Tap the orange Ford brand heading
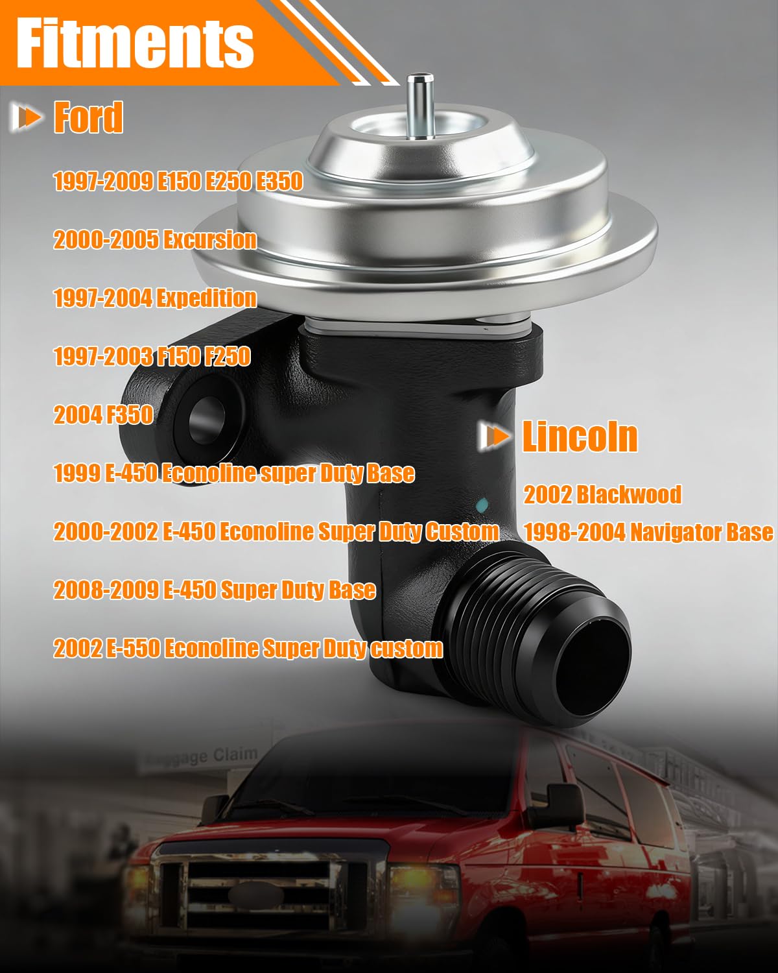(x=88, y=117)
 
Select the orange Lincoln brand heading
(x=580, y=437)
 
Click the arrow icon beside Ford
(x=27, y=117)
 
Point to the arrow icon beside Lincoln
(x=495, y=437)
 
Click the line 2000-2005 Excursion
(x=155, y=239)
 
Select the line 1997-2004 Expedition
(x=155, y=298)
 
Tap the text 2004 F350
(x=104, y=414)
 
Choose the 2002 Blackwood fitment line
(x=602, y=494)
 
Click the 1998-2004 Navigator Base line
(x=649, y=532)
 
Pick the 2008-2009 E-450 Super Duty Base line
(x=215, y=590)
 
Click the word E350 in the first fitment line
(x=279, y=182)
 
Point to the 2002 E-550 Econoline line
(x=248, y=649)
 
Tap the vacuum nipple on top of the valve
(x=420, y=105)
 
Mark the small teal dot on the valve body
(x=482, y=505)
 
